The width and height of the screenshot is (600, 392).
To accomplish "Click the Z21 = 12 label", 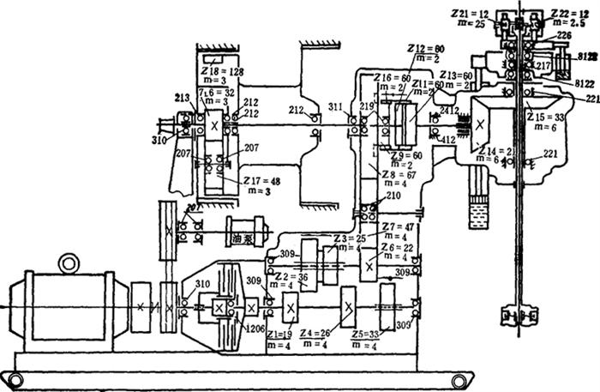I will [471, 15].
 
